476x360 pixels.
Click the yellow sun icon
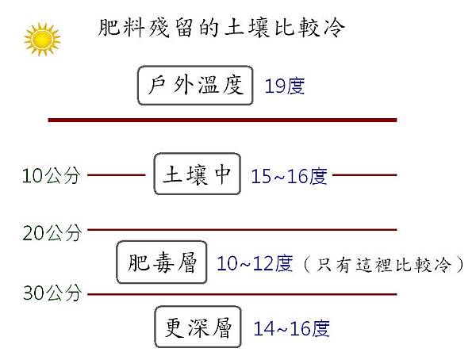(x=42, y=40)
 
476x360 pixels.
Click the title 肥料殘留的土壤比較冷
(x=221, y=28)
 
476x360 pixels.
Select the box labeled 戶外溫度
(x=195, y=86)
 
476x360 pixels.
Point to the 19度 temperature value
(x=285, y=86)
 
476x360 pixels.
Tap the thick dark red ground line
(x=222, y=121)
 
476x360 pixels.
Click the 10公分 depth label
(x=52, y=175)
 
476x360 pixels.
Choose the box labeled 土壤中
(x=198, y=174)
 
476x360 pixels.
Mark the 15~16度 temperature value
(x=290, y=176)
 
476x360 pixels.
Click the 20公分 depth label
(x=52, y=233)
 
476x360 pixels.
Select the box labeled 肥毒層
(x=162, y=262)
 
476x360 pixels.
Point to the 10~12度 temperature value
(x=255, y=263)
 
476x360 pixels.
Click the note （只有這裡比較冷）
(x=383, y=264)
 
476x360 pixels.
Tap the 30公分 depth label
(x=52, y=293)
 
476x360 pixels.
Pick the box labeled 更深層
(x=198, y=327)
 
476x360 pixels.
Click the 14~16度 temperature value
(x=292, y=328)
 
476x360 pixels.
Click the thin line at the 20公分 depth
(x=242, y=230)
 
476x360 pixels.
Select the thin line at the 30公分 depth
(x=242, y=294)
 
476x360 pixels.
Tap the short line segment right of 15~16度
(x=365, y=174)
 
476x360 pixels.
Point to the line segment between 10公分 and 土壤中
(x=117, y=174)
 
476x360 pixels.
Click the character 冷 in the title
(x=335, y=28)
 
